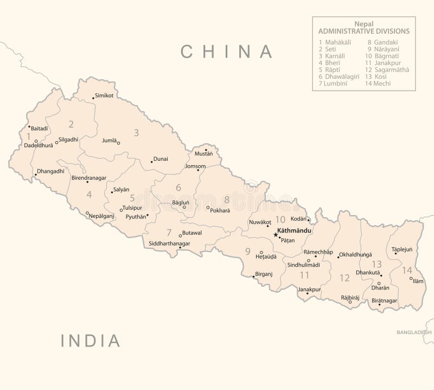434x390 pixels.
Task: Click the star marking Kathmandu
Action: tap(276, 235)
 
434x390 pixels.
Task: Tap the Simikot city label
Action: tap(104, 96)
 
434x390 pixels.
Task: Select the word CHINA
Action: tap(227, 52)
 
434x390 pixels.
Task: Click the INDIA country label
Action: tap(91, 341)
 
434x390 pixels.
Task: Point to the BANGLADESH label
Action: tap(414, 332)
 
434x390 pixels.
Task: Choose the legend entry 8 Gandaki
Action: tap(382, 42)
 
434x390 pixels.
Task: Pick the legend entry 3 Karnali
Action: tap(332, 56)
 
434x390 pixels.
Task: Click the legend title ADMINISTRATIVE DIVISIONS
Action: tap(363, 32)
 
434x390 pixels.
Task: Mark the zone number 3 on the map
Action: tap(137, 132)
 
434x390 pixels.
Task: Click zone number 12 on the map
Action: tap(344, 278)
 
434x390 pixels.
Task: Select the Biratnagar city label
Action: tap(384, 300)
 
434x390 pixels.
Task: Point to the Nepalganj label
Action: tap(101, 216)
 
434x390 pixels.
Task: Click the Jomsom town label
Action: tap(195, 166)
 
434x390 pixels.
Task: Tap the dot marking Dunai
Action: tap(151, 162)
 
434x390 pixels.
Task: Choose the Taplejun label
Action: tap(401, 249)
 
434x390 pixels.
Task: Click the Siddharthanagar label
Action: tap(169, 243)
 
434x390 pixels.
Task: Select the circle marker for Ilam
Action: tap(411, 279)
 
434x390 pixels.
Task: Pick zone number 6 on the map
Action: tap(178, 188)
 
